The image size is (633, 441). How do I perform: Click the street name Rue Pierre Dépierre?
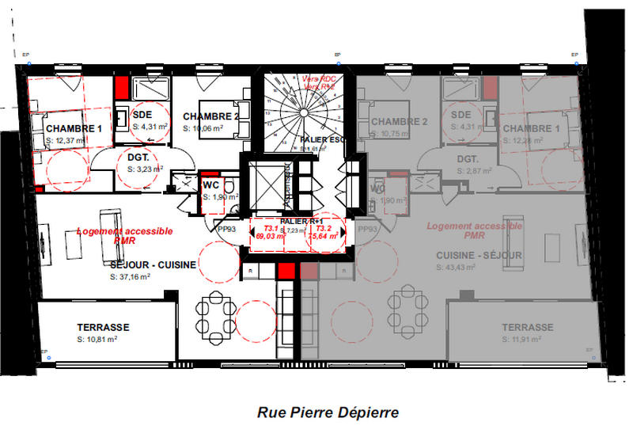click(328, 412)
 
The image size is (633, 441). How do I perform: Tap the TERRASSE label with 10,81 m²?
click(103, 327)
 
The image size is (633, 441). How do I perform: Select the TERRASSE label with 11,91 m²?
click(527, 327)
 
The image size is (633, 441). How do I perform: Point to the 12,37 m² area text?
click(66, 140)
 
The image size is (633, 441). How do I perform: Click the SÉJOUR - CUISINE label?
click(152, 265)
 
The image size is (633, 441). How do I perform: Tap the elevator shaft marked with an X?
click(270, 184)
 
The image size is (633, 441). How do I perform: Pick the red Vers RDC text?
click(318, 79)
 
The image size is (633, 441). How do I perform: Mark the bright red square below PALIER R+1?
click(286, 272)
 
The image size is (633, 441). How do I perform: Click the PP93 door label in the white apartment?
click(227, 230)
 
